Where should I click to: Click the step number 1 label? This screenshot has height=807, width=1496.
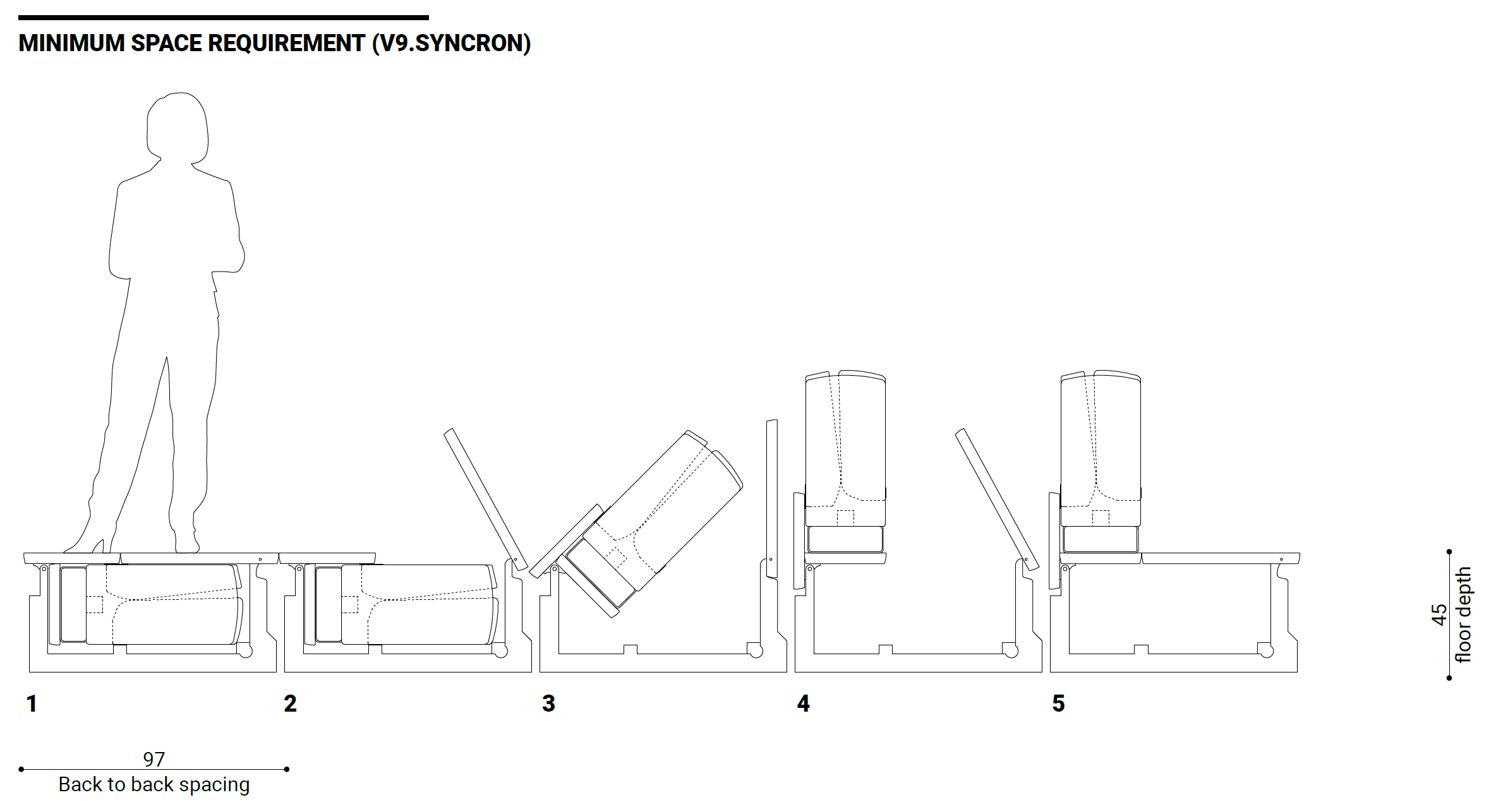tap(32, 703)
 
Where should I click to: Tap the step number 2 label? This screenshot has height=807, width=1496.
tap(290, 703)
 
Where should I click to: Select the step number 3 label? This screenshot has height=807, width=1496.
tap(548, 703)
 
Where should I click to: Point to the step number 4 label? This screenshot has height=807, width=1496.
tap(804, 703)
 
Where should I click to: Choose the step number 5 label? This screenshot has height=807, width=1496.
tap(1058, 703)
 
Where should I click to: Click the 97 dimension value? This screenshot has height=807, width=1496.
tap(154, 759)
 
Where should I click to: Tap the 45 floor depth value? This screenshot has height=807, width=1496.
tap(1439, 614)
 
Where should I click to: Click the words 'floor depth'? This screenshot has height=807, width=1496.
tap(1463, 614)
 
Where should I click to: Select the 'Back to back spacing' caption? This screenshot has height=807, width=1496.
tap(154, 784)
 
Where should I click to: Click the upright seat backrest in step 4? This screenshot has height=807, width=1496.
tap(845, 448)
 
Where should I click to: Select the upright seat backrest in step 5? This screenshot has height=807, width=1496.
tap(1101, 448)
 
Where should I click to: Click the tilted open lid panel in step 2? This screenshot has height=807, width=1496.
tap(486, 499)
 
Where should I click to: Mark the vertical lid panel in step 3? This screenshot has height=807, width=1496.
tap(771, 499)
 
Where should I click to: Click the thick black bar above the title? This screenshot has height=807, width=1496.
tap(224, 18)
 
